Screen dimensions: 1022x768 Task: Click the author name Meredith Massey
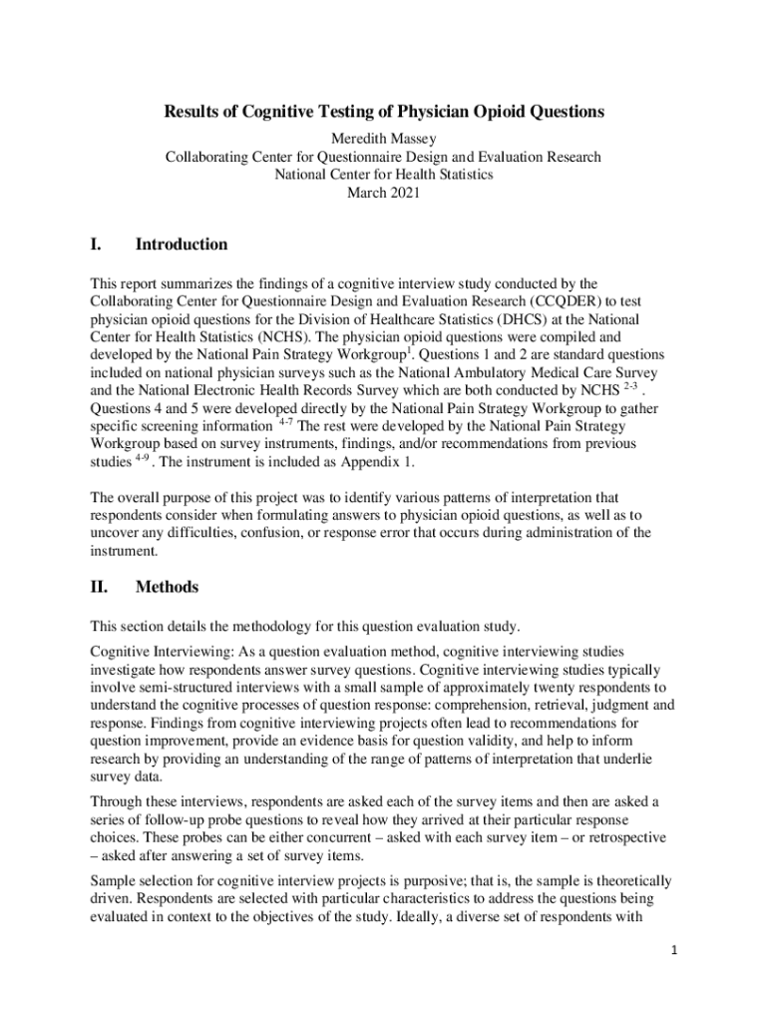384,139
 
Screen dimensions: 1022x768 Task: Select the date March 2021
384,193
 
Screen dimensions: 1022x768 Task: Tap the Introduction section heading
182,245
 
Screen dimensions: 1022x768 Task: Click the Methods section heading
167,587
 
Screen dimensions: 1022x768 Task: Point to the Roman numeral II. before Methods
101,587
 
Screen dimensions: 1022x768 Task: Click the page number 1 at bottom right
674,978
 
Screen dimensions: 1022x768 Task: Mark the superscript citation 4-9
145,459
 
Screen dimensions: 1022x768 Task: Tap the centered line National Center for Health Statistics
384,175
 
